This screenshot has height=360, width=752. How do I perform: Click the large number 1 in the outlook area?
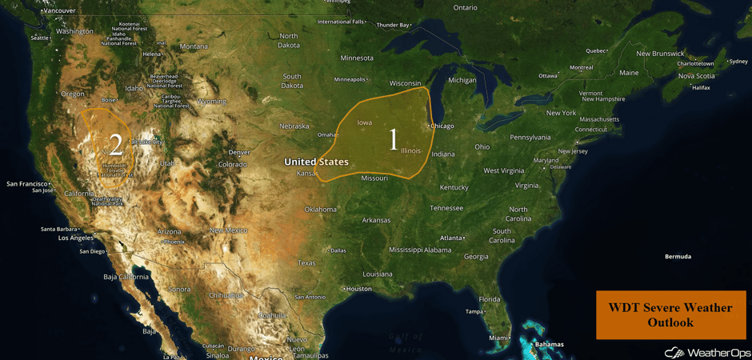click(x=393, y=139)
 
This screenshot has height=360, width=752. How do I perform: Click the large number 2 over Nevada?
click(x=116, y=145)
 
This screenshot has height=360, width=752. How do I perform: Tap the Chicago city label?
click(x=442, y=126)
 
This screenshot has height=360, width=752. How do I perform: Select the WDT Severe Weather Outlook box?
click(x=670, y=314)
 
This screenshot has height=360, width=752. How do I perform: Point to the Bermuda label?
click(x=678, y=257)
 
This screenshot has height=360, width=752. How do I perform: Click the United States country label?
click(x=316, y=162)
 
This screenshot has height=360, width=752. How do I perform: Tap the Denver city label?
click(x=238, y=152)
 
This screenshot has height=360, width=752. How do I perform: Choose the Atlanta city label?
click(x=452, y=238)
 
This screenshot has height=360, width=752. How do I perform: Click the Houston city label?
click(x=358, y=289)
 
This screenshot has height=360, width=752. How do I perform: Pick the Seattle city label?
click(x=39, y=38)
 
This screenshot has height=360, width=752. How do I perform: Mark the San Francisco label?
click(x=27, y=184)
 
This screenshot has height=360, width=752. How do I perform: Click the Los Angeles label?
click(x=75, y=238)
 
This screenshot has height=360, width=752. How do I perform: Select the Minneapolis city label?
click(x=349, y=79)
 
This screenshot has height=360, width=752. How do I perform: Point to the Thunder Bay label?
click(x=393, y=25)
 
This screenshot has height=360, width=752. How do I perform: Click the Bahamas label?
click(x=549, y=345)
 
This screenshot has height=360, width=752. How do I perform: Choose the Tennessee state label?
click(x=446, y=208)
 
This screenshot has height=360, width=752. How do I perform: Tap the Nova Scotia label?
click(x=695, y=76)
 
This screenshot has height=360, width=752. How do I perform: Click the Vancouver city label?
click(x=59, y=10)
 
